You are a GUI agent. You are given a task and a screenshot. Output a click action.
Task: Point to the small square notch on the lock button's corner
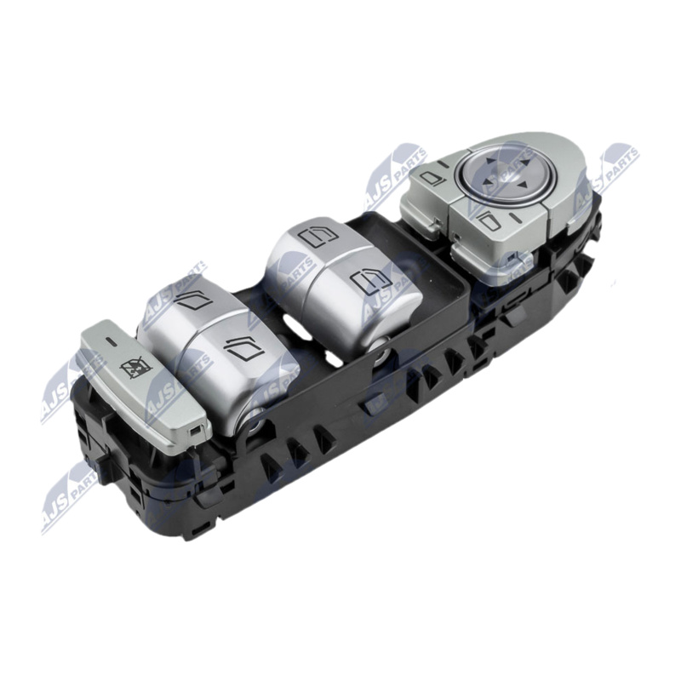point(196,431)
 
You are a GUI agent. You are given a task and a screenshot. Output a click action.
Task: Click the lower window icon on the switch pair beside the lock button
point(243,348)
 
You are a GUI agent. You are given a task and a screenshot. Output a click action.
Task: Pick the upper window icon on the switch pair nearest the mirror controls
point(318,237)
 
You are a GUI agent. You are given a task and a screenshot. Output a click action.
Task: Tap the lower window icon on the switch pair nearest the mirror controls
point(370,283)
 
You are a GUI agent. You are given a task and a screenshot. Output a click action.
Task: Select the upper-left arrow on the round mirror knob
point(490,161)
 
